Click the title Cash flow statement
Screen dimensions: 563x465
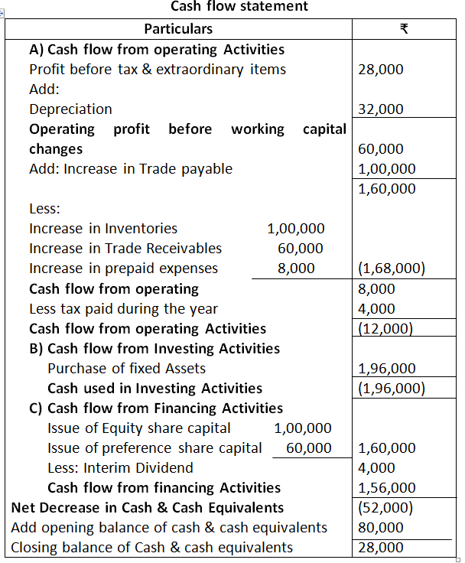click(239, 7)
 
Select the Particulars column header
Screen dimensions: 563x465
click(178, 30)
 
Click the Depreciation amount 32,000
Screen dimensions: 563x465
click(380, 109)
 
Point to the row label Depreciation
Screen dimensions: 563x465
click(70, 109)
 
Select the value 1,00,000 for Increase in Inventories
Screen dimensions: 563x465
click(295, 229)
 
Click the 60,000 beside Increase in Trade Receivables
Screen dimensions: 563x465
click(301, 249)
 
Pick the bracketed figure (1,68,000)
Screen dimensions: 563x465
click(392, 268)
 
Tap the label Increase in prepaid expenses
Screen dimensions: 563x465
click(123, 268)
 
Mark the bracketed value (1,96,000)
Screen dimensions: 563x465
click(392, 388)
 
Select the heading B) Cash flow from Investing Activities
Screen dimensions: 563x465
click(154, 348)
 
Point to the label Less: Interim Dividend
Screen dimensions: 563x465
click(120, 467)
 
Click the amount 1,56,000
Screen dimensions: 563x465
click(387, 487)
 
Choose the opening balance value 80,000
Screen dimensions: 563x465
click(380, 527)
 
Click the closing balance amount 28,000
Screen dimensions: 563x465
click(380, 547)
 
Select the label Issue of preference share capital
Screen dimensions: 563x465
click(154, 447)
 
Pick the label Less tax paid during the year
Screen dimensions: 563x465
click(123, 308)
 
